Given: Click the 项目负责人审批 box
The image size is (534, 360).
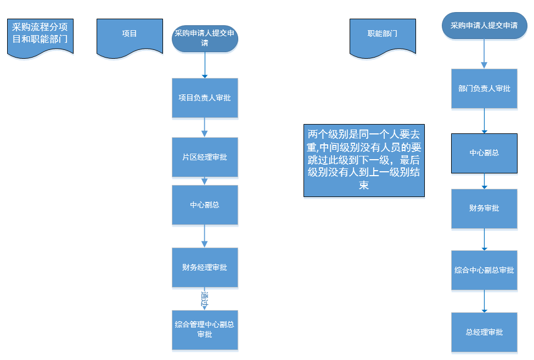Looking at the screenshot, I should pos(205,98).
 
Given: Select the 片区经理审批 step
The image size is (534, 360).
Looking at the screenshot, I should pos(205,157).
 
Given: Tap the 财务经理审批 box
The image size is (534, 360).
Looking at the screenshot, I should pos(205,267).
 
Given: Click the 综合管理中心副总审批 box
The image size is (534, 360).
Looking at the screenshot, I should pos(205,330).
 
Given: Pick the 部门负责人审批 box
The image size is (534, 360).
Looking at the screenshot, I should pos(484,88).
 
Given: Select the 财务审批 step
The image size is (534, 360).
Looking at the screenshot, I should pos(484,209).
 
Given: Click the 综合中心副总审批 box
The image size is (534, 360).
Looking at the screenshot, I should pos(484,270).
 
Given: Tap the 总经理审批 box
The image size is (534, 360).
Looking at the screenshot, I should pos(484,332).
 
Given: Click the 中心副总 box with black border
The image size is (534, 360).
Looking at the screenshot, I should pos(484,153).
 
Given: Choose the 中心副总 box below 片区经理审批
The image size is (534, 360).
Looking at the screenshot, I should pos(205,205).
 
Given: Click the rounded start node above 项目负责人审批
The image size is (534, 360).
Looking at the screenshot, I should pos(205,38).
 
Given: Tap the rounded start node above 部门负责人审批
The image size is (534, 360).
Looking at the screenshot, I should pos(484,26).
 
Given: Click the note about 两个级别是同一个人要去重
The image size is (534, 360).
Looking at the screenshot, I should pos(364,160).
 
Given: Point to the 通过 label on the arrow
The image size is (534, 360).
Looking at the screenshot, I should pos(205,300).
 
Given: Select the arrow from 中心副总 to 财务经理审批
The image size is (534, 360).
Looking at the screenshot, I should pos(205,236).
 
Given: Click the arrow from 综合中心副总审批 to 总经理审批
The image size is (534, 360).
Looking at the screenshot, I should pos(484,301).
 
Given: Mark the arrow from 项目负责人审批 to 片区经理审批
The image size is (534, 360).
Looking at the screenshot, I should pos(205,127).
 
